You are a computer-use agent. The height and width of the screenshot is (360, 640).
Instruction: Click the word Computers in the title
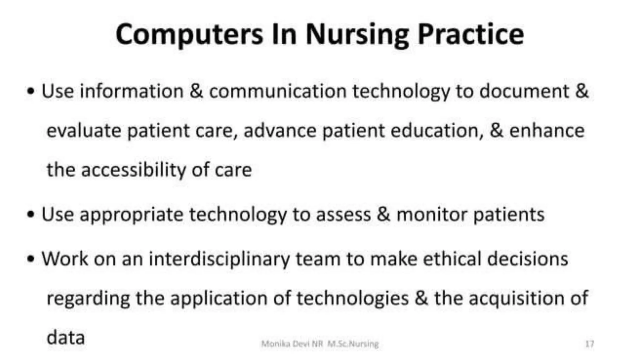pyautogui.click(x=189, y=34)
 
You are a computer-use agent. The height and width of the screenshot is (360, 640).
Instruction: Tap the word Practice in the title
pyautogui.click(x=471, y=34)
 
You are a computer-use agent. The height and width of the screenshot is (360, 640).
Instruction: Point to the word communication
pyautogui.click(x=278, y=91)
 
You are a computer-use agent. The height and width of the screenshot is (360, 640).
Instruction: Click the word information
pyautogui.click(x=132, y=91)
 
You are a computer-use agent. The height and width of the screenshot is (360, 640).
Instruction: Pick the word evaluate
pyautogui.click(x=84, y=131)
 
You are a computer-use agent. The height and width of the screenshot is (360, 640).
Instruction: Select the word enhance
pyautogui.click(x=547, y=131)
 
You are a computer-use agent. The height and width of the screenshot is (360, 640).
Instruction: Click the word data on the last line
pyautogui.click(x=66, y=337)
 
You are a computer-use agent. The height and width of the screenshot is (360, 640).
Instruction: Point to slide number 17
pyautogui.click(x=589, y=344)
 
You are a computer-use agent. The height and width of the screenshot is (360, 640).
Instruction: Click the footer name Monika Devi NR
pyautogui.click(x=292, y=344)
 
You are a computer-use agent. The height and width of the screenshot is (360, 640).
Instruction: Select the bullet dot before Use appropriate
pyautogui.click(x=30, y=215)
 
